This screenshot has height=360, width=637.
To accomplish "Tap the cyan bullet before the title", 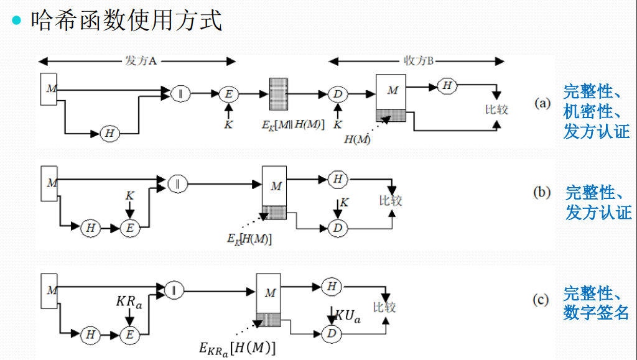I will [17, 20].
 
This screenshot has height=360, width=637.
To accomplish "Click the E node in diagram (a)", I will [228, 94].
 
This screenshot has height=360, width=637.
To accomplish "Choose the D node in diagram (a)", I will [337, 94].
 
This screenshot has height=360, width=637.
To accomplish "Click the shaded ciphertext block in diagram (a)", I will [278, 95].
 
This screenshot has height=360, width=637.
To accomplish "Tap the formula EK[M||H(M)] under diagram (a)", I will [293, 124].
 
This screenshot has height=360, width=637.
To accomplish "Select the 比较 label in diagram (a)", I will [496, 109].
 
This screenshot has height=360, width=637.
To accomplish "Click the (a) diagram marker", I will [542, 103].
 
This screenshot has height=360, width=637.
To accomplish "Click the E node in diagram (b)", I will [129, 228].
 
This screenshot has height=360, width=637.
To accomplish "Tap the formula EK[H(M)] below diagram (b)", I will [249, 239].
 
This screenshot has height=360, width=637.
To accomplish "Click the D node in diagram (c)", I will [332, 335].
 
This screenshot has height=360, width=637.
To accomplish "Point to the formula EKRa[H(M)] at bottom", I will [238, 348].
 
